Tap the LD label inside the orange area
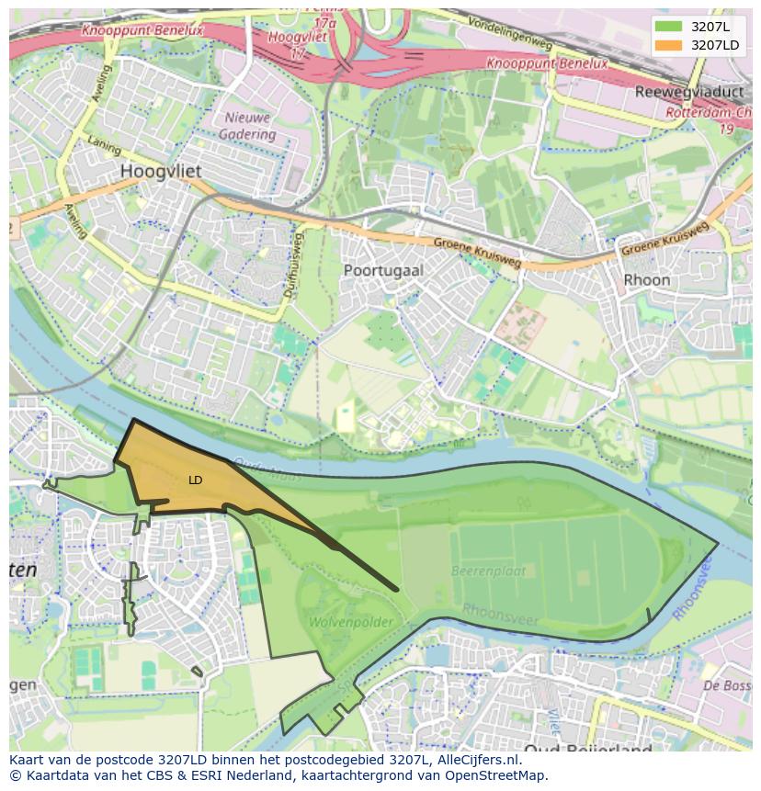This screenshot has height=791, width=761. [196, 480]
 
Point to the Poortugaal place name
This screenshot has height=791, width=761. [383, 270]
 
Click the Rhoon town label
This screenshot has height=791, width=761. [646, 279]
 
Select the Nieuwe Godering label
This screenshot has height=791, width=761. [247, 126]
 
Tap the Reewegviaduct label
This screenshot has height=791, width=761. [688, 92]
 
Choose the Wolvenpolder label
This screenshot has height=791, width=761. [349, 622]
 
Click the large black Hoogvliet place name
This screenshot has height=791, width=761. [161, 172]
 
